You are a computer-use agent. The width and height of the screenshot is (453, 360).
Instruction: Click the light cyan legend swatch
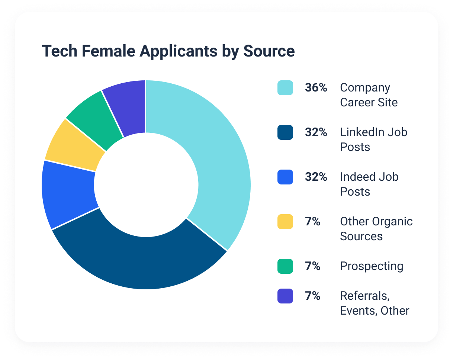(285, 88)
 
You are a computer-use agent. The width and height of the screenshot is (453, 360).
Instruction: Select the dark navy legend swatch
(285, 132)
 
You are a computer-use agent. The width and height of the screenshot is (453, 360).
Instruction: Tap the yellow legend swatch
(285, 222)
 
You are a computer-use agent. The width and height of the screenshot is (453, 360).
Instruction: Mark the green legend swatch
(285, 266)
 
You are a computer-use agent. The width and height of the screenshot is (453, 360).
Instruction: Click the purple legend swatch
(285, 296)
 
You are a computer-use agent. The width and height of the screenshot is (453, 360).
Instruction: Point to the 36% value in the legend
(316, 88)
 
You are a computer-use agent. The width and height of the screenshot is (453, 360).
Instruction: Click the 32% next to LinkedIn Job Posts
(316, 132)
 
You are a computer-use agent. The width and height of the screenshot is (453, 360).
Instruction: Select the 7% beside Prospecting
(313, 266)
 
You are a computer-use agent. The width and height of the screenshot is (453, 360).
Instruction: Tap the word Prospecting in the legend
(372, 266)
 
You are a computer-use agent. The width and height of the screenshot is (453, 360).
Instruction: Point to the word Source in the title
(269, 51)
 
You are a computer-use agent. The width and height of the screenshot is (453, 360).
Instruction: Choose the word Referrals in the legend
(364, 296)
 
